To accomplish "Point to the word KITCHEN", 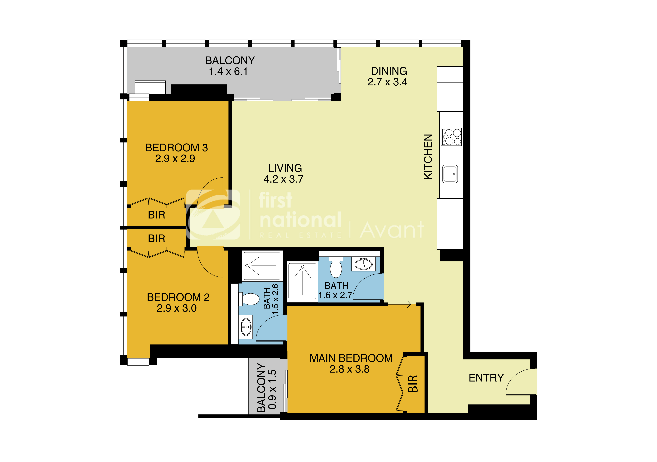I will point(428,157).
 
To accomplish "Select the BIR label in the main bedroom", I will point(413,384).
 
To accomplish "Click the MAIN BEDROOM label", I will point(351,358).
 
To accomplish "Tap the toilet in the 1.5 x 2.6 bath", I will point(250,299).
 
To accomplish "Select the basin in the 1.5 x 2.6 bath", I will point(246,327).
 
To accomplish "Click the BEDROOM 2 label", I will point(178,297).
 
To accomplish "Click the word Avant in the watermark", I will point(391,230).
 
